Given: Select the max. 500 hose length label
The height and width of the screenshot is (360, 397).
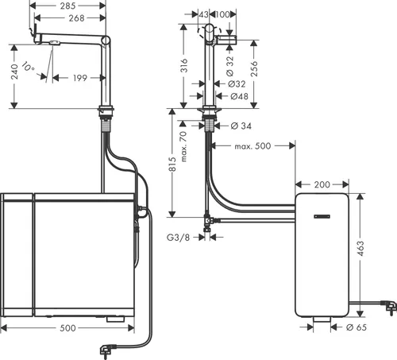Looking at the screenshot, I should [252, 147].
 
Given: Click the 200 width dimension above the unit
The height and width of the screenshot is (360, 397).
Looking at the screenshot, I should [322, 184].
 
